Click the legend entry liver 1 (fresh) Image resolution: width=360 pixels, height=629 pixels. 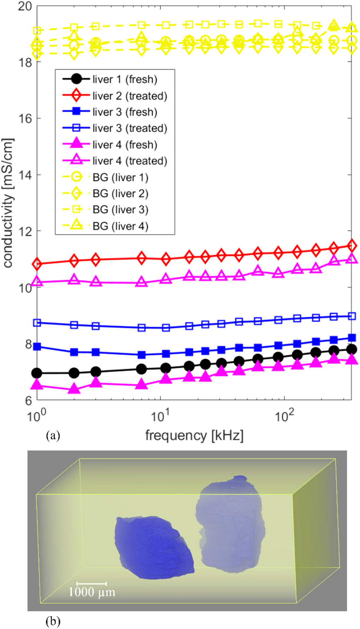(x=125, y=79)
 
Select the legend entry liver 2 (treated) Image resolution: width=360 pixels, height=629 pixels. (x=130, y=96)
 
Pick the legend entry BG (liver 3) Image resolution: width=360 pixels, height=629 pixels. (x=120, y=210)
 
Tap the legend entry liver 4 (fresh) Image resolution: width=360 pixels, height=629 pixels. (x=125, y=145)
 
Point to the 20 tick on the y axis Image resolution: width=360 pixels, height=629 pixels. (x=25, y=6)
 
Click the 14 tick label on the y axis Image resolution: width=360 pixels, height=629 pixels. (x=25, y=174)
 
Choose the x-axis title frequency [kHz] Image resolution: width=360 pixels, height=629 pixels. (x=194, y=435)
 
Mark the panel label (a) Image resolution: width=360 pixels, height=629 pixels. (x=53, y=436)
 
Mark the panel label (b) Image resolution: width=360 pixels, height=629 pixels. (x=53, y=621)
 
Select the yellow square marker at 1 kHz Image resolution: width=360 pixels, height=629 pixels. (x=37, y=31)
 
